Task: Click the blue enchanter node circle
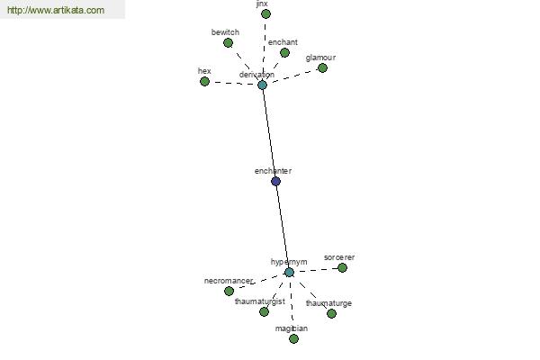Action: tap(275, 181)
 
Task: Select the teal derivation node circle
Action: tap(263, 85)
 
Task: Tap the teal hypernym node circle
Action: tap(289, 272)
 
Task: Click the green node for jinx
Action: tap(265, 14)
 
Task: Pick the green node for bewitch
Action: tap(228, 42)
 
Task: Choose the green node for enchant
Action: tap(284, 53)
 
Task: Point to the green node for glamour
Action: tap(322, 67)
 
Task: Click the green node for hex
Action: tap(204, 82)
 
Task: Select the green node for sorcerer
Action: tap(342, 267)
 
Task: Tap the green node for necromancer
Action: tap(229, 291)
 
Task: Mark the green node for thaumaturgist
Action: tap(264, 311)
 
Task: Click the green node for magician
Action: tap(293, 339)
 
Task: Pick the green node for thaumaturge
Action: tap(331, 313)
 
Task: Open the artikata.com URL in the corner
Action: tap(56, 10)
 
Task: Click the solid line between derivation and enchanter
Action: tap(269, 133)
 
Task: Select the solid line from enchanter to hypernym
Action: tap(283, 227)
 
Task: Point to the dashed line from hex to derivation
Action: tap(233, 83)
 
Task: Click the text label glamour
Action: tap(320, 58)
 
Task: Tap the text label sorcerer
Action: tap(339, 257)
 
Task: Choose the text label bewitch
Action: tap(225, 32)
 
